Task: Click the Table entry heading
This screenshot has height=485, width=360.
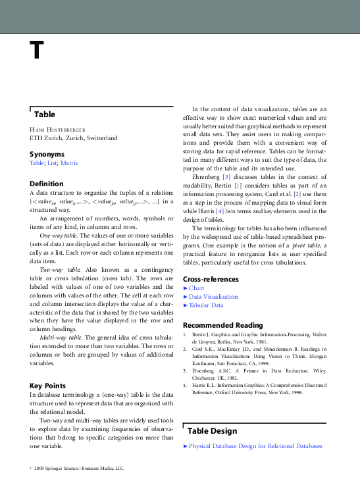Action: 45,114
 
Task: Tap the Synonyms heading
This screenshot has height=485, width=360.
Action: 47,153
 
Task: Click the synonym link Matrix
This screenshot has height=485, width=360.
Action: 68,162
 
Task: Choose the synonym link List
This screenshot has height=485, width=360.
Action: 52,162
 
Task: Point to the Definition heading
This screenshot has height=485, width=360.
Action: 47,184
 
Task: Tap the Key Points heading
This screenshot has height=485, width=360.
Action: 49,385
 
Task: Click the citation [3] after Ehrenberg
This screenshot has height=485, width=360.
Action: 226,176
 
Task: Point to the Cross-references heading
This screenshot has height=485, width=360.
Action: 211,279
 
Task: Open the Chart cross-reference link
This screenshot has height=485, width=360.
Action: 196,288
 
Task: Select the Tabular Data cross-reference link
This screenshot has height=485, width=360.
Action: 206,305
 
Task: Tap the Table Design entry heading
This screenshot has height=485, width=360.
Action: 213,431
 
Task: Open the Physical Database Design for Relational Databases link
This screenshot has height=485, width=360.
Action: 255,446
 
